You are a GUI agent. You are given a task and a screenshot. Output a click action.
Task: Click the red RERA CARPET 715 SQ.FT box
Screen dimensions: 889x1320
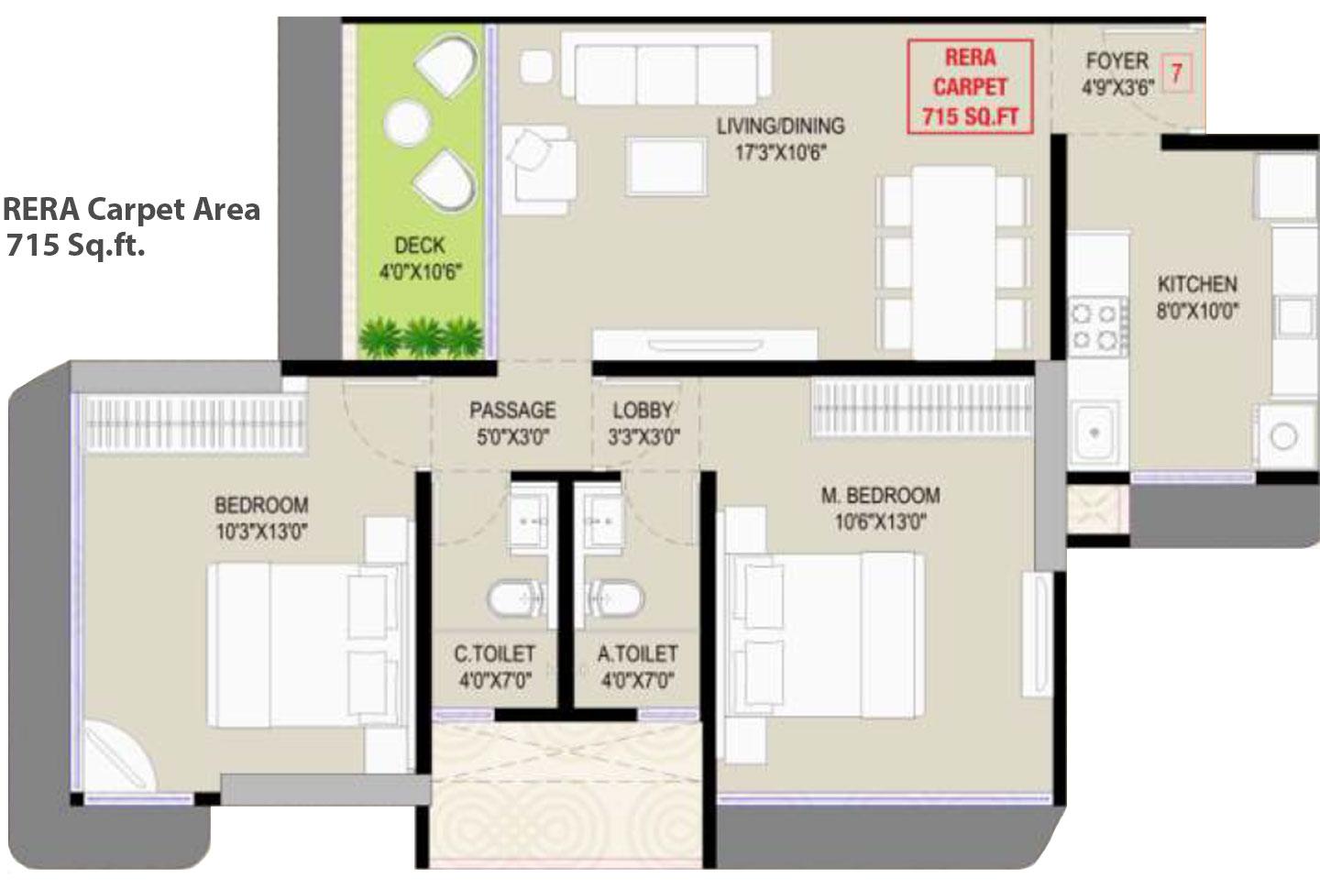pos(970,87)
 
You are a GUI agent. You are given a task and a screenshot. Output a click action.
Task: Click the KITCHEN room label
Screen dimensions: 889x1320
pos(1197,284)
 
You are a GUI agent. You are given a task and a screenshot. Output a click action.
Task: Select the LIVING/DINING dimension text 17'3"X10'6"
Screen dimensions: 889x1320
pos(781,153)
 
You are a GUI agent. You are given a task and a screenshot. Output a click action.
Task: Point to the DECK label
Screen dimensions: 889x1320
pos(419,246)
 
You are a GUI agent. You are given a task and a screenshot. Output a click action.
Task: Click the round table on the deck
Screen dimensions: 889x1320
pos(406,123)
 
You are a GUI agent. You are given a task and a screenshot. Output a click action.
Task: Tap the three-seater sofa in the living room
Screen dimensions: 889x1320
pos(665,70)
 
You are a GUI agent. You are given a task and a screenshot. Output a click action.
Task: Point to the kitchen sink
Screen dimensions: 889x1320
pos(1095,430)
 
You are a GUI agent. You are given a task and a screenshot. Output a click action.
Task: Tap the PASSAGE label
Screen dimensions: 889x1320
pos(512,410)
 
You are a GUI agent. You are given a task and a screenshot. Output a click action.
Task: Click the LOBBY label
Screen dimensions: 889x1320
pos(643,410)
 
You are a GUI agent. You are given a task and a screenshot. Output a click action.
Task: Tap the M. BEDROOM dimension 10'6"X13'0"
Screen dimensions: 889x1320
pos(880,522)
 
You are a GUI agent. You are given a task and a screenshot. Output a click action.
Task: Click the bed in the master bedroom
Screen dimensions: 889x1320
pos(825,632)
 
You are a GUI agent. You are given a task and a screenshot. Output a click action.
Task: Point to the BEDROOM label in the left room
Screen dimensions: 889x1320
pos(261,505)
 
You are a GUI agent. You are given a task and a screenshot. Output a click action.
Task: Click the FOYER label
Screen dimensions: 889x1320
pos(1116,61)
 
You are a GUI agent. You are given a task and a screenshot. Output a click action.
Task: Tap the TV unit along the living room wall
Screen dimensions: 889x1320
pos(704,345)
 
